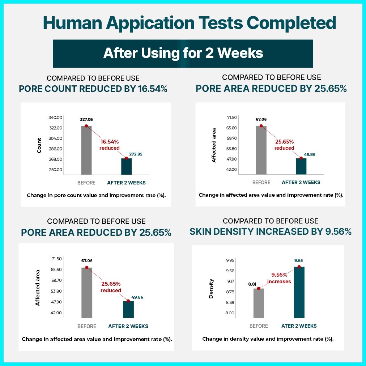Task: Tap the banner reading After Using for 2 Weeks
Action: click(183, 54)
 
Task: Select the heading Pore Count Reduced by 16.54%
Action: click(93, 89)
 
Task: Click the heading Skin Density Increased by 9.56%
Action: click(270, 232)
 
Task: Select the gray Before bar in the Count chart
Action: click(86, 150)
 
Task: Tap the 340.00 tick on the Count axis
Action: click(55, 118)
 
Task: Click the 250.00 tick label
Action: click(55, 170)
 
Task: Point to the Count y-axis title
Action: click(39, 145)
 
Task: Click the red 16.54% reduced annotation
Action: click(109, 145)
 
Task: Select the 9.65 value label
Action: click(298, 260)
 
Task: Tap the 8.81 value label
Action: click(252, 284)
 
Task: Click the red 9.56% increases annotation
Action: click(279, 278)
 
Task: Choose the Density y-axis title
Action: click(211, 289)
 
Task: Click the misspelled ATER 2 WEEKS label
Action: click(299, 326)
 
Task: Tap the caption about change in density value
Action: click(268, 339)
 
